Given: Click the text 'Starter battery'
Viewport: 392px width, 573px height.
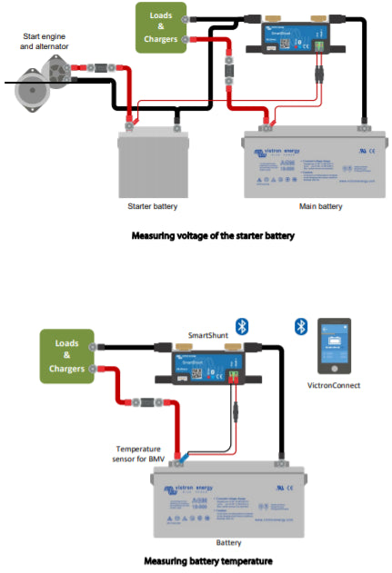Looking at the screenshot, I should tap(153, 206).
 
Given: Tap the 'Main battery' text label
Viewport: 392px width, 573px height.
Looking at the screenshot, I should tap(321, 206).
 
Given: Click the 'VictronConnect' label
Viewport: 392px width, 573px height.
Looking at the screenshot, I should tap(336, 385).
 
